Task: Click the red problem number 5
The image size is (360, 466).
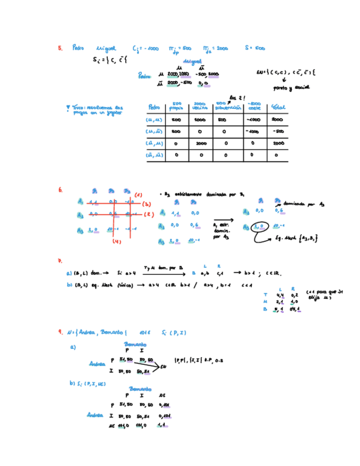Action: [60, 48]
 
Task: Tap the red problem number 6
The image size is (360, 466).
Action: [60, 191]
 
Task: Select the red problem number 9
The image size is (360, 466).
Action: [60, 332]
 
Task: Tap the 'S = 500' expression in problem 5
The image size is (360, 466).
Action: [256, 48]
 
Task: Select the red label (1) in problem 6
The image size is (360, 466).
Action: [138, 195]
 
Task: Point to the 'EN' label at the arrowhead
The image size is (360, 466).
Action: [164, 368]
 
